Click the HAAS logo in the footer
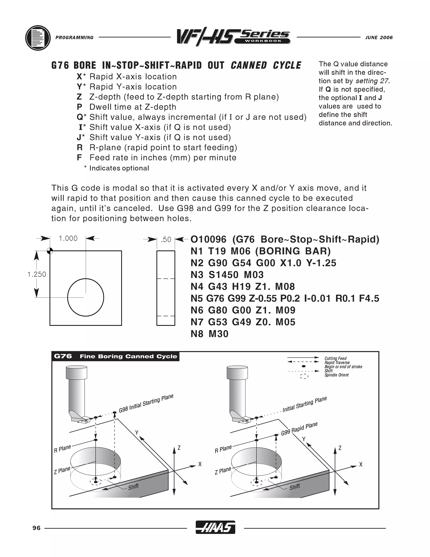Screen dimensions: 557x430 [x=215, y=527]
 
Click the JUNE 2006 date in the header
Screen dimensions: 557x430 [x=379, y=37]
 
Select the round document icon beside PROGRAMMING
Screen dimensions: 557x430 [x=38, y=38]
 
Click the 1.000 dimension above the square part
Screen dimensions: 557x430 [x=68, y=239]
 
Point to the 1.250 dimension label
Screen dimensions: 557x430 [x=37, y=275]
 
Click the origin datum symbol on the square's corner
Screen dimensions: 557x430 [x=50, y=251]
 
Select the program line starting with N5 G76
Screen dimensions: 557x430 [x=284, y=298]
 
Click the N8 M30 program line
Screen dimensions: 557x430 [x=209, y=334]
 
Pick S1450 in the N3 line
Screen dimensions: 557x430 [x=223, y=275]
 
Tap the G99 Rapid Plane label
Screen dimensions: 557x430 [x=299, y=429]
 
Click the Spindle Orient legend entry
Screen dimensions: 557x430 [x=336, y=375]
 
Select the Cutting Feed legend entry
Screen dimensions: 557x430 [x=335, y=358]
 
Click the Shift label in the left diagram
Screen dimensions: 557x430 [x=133, y=487]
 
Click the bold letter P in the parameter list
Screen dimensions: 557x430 [x=80, y=107]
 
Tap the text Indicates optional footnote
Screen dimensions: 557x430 [x=119, y=168]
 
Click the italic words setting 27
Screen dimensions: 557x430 [x=372, y=81]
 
